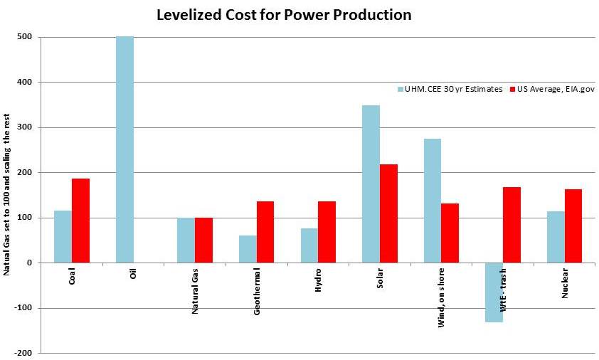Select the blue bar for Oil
click(x=124, y=149)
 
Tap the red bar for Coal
click(x=80, y=221)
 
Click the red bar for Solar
click(x=388, y=213)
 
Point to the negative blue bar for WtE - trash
click(x=494, y=292)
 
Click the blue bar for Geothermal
click(x=248, y=249)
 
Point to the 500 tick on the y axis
click(x=32, y=37)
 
